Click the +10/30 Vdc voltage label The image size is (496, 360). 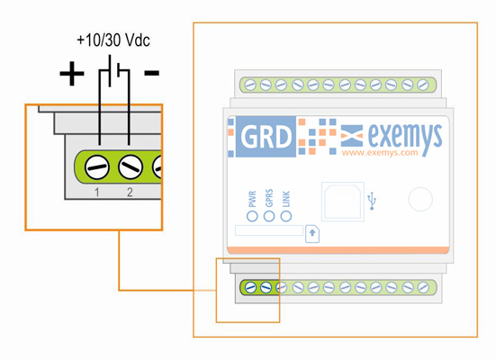(x=113, y=40)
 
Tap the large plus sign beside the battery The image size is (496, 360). (x=72, y=74)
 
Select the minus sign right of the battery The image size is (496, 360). (x=152, y=73)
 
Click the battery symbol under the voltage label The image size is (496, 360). (x=114, y=71)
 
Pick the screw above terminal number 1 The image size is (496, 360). (x=97, y=167)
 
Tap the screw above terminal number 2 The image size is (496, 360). (x=131, y=167)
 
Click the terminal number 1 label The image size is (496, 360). (x=97, y=192)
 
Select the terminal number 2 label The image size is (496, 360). (x=130, y=192)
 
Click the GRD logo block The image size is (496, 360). (x=266, y=137)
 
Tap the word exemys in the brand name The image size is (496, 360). (x=405, y=137)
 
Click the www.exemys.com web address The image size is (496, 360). (x=380, y=153)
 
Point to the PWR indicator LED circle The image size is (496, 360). (x=252, y=216)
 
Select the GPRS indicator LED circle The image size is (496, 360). (x=269, y=216)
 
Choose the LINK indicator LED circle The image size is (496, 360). (x=286, y=216)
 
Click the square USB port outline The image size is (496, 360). (x=343, y=202)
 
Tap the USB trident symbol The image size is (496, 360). (x=372, y=201)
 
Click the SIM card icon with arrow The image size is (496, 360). (x=312, y=234)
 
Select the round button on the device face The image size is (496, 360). (x=420, y=199)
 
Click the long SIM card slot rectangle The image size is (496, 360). (x=269, y=230)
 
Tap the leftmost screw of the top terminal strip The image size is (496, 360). (x=250, y=85)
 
